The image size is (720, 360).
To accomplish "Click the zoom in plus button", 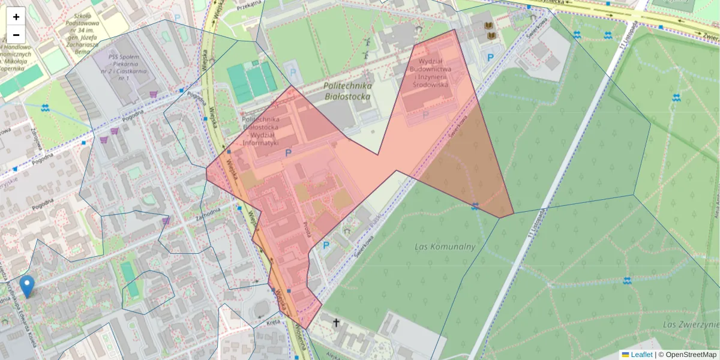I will (x=16, y=17).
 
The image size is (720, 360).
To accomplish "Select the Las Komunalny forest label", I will (x=445, y=247).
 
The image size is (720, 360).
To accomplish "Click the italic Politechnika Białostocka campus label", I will (x=347, y=91).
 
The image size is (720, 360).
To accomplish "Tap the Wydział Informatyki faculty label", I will (x=260, y=131).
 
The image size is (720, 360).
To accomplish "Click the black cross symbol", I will (x=337, y=323).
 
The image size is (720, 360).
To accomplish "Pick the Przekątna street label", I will (x=250, y=3).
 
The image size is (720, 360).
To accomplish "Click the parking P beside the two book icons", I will (x=490, y=58).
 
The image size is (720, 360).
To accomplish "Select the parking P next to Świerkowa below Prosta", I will (x=326, y=245).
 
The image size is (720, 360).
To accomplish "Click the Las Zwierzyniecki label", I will (x=690, y=325).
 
